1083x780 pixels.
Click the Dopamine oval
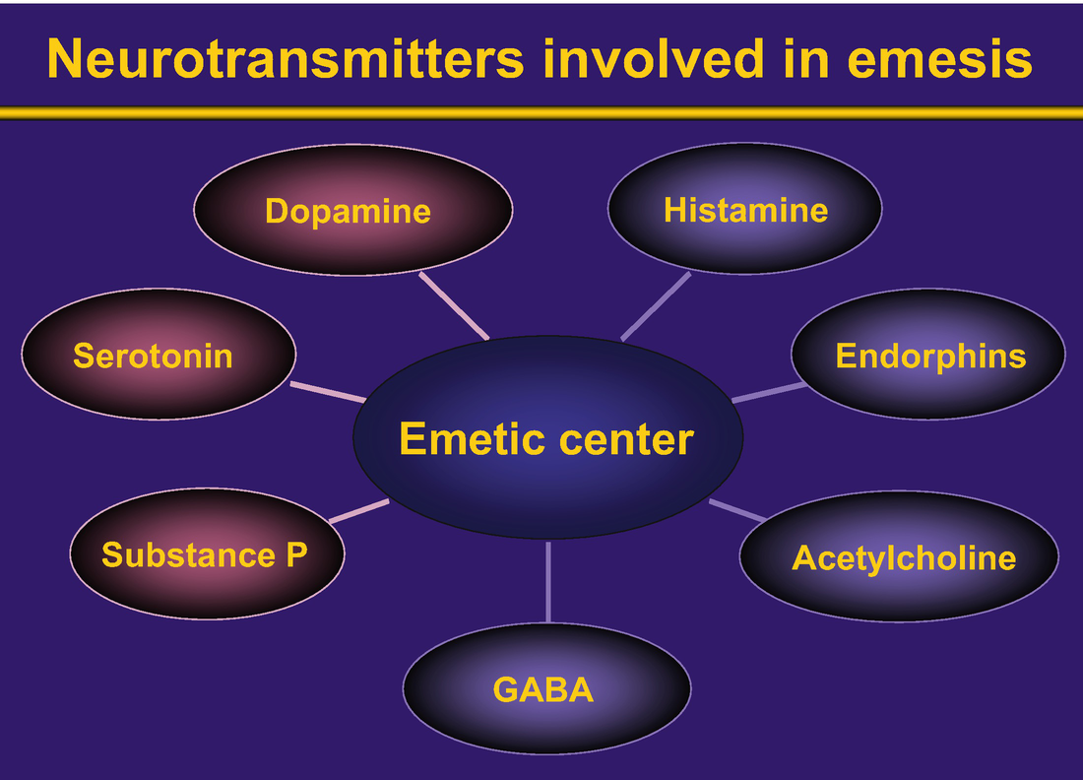click(352, 210)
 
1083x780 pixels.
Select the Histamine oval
click(744, 209)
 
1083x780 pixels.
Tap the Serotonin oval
click(159, 354)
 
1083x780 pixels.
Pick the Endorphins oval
click(928, 354)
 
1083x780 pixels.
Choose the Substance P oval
click(207, 553)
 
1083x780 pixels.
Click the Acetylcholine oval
click(899, 556)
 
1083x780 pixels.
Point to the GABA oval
click(547, 688)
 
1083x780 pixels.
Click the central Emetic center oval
click(547, 437)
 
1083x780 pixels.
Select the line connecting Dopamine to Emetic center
click(454, 305)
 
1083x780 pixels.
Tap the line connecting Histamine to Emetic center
click(656, 306)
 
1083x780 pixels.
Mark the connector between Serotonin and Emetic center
click(328, 391)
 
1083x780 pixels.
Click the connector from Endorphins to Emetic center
click(769, 392)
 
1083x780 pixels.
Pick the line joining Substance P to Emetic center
click(359, 510)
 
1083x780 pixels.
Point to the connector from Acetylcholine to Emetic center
click(737, 510)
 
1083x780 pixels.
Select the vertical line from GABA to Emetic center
click(548, 582)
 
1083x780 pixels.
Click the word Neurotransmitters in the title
click(286, 59)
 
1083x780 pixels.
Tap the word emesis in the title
click(939, 59)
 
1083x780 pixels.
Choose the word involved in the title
click(654, 59)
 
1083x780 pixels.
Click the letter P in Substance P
click(296, 554)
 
